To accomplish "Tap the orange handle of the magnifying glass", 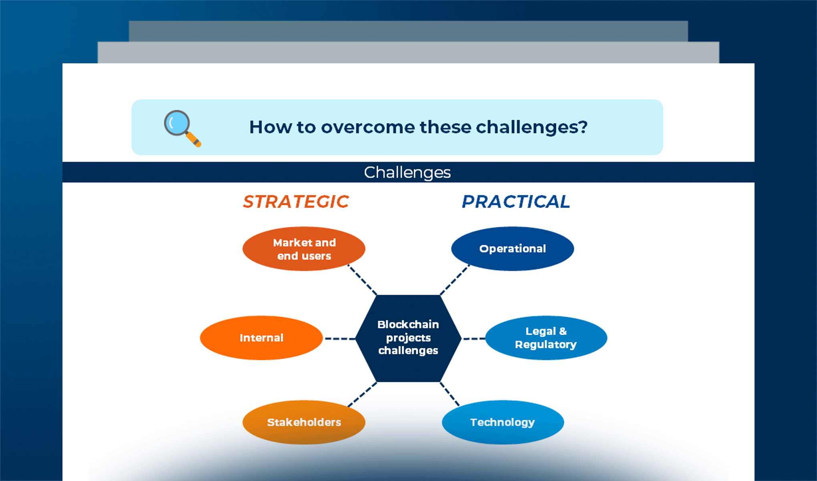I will point(194,139).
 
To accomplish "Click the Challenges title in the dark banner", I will point(407,172).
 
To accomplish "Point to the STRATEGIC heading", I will point(296,202).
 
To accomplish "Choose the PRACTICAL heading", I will point(515,202).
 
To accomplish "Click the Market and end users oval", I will point(304,249).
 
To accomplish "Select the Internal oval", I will point(261,338).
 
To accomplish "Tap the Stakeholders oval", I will point(304,422).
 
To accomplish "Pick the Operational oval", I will point(512,249).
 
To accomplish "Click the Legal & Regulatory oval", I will point(546,338).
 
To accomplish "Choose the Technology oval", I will point(503,422).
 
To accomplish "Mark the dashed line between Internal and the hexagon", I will point(340,339).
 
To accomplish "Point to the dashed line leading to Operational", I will point(455,280).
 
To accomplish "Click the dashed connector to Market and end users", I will point(362,280).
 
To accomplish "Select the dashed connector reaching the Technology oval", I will point(450,394).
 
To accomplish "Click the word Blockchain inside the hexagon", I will point(408,324).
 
